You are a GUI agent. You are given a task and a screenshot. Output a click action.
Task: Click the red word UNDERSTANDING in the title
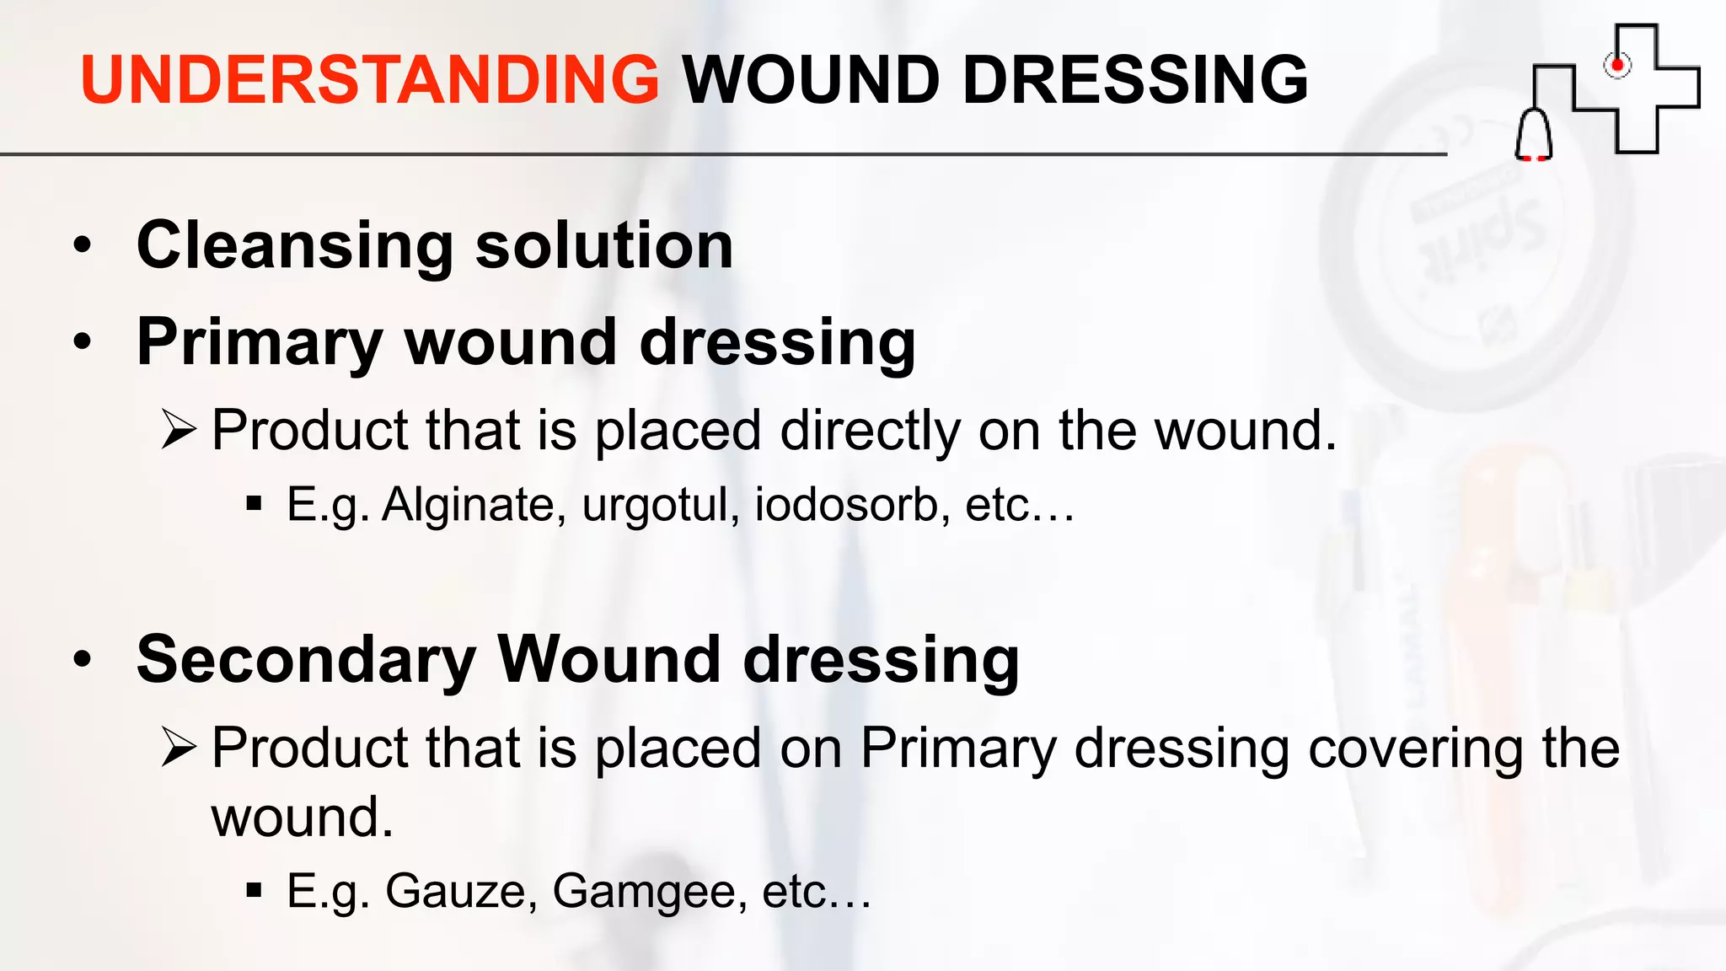[369, 80]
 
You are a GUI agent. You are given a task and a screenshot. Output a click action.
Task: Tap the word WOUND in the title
[810, 80]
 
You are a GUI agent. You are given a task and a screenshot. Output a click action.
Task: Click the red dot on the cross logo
[1616, 65]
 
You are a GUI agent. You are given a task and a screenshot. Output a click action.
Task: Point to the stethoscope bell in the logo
[1534, 136]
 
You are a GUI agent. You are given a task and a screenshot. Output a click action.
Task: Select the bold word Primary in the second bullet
[260, 344]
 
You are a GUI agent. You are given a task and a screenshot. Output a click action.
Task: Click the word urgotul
[660, 505]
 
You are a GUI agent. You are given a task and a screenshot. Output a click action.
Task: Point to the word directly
[870, 431]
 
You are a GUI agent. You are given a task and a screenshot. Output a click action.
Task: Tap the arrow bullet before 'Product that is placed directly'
[178, 430]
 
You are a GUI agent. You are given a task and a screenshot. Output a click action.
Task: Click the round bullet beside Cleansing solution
[82, 245]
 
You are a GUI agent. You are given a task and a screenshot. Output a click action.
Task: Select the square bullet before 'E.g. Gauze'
[254, 889]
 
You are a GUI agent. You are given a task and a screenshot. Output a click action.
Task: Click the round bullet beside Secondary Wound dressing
[82, 659]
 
